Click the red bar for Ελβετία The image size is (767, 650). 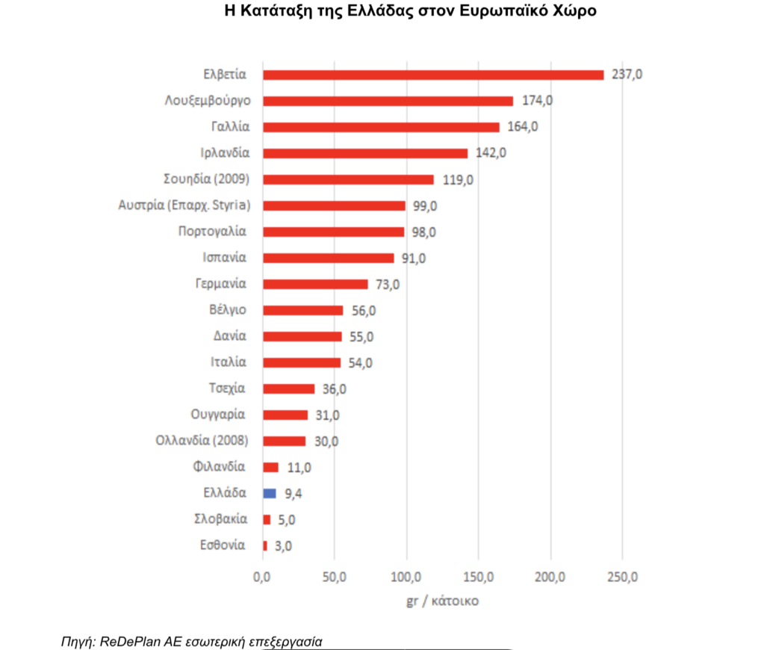[x=433, y=75]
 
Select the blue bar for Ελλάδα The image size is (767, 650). [x=270, y=493]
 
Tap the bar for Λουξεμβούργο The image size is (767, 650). [x=388, y=101]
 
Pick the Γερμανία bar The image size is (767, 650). [x=315, y=284]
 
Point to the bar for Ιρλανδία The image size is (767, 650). [x=365, y=153]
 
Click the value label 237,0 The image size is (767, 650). [x=627, y=75]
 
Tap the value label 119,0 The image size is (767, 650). [x=458, y=179]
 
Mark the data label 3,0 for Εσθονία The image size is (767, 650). [x=283, y=546]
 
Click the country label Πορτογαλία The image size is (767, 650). [x=212, y=232]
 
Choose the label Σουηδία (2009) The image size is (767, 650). [x=205, y=179]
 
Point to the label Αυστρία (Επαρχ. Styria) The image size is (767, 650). [x=184, y=205]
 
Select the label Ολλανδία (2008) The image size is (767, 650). [x=202, y=441]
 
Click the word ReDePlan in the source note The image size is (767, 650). [x=127, y=641]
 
